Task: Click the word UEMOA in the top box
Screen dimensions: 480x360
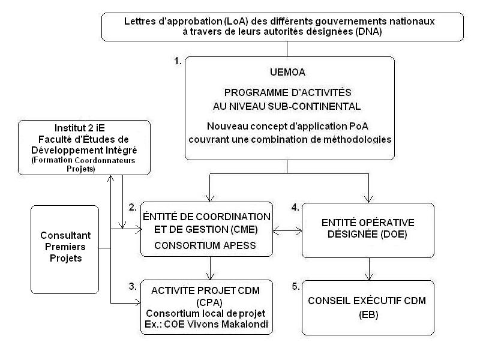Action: click(287, 72)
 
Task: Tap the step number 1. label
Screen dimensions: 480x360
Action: click(178, 61)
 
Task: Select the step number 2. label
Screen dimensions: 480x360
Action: click(133, 208)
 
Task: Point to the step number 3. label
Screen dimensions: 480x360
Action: click(133, 287)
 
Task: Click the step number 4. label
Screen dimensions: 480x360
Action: click(295, 208)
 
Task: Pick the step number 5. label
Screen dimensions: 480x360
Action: click(295, 287)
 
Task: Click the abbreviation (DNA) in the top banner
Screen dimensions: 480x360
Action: click(368, 32)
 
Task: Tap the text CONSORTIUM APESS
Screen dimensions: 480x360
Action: click(205, 245)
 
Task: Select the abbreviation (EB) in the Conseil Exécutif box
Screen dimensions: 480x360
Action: click(368, 314)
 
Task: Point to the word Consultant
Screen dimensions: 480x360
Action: click(65, 235)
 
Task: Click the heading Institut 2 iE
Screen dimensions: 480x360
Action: click(80, 128)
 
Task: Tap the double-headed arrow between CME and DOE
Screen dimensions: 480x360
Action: click(287, 230)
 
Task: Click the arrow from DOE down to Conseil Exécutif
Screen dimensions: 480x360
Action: click(369, 269)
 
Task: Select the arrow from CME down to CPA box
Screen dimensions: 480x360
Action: click(211, 268)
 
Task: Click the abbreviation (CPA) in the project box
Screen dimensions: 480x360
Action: click(209, 302)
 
